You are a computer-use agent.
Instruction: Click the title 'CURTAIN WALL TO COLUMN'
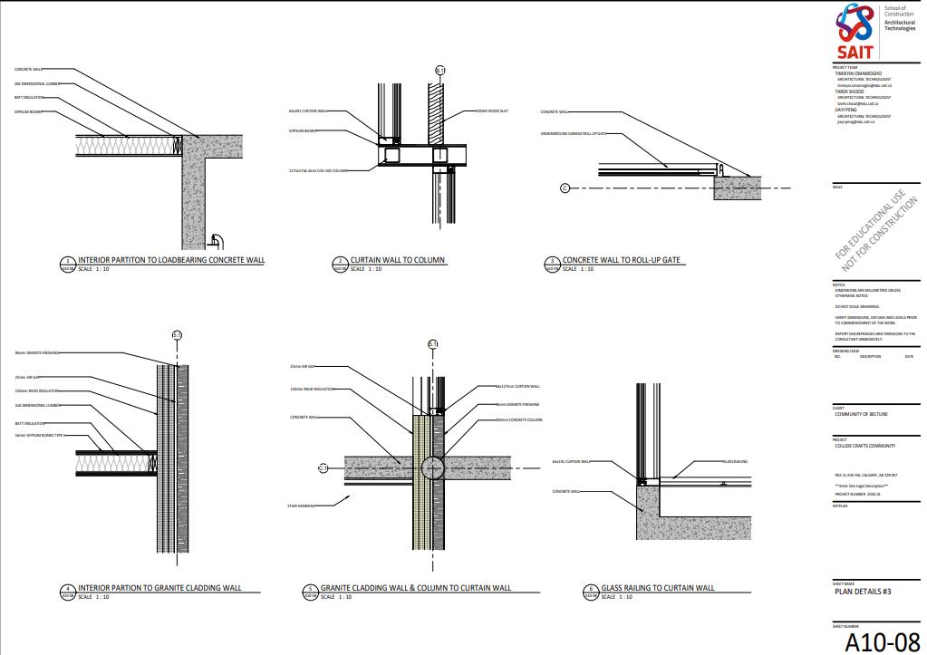[398, 260]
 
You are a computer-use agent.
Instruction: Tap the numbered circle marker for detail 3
[552, 263]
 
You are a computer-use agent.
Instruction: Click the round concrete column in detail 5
[432, 467]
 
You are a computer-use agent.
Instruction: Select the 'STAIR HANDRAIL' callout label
[301, 506]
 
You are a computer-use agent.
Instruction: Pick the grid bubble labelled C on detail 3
[565, 188]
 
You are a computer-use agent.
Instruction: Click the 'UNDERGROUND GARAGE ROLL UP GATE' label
[573, 133]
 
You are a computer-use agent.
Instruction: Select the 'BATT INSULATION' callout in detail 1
[29, 98]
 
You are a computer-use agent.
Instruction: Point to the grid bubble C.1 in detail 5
[323, 468]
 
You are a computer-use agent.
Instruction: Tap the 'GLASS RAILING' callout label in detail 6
[734, 461]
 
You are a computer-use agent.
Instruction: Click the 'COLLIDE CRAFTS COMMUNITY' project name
[865, 446]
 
